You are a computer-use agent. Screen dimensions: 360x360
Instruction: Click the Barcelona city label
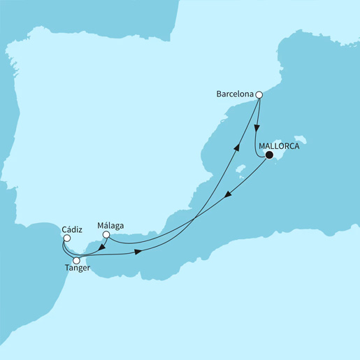[x=233, y=94]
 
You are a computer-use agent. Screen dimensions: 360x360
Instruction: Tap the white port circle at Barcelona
[x=259, y=95]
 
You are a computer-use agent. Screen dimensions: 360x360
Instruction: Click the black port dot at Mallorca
[x=268, y=157]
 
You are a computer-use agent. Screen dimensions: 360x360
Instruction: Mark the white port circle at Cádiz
[x=66, y=238]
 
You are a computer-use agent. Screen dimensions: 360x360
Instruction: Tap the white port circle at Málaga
[x=106, y=236]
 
